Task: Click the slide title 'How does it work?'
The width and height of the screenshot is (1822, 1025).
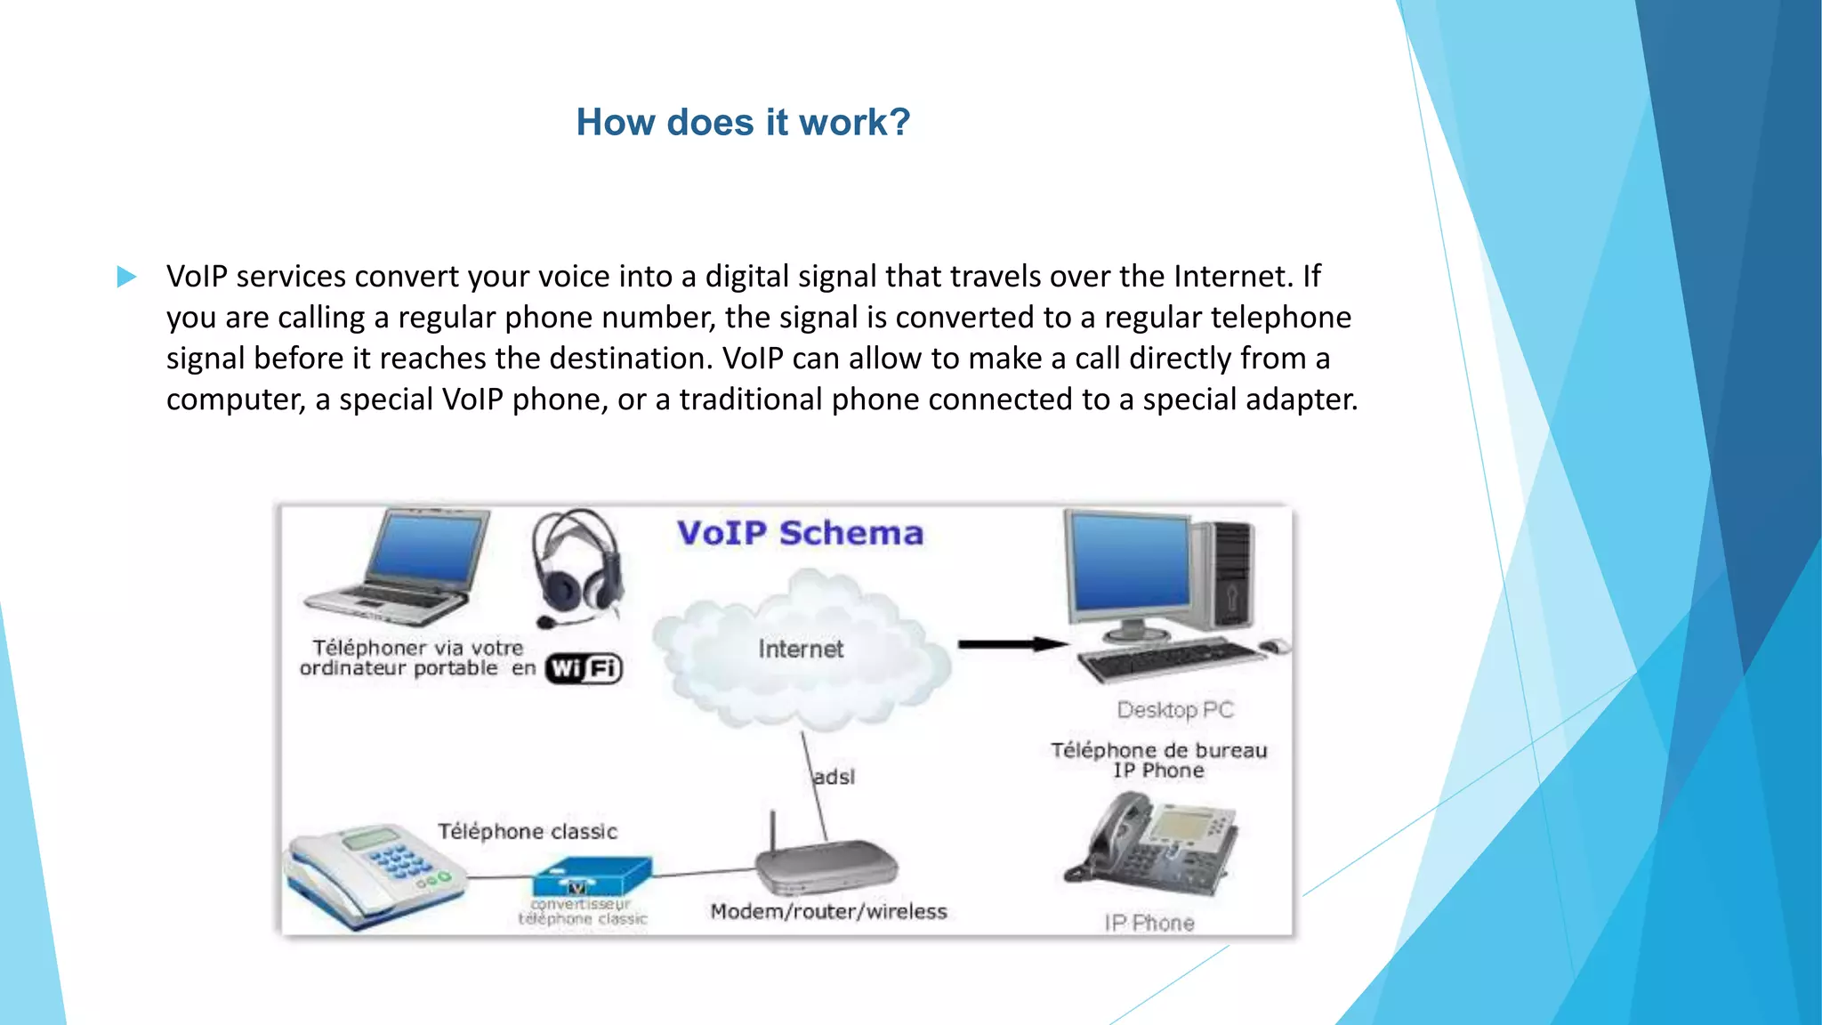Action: point(743,122)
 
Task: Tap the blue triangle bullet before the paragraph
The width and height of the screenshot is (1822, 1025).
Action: point(126,277)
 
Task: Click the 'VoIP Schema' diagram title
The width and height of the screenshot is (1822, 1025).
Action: point(800,533)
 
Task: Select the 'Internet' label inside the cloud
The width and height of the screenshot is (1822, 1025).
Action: point(801,649)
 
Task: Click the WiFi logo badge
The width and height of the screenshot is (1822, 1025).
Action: point(584,668)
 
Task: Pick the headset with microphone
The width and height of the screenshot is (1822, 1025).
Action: point(577,567)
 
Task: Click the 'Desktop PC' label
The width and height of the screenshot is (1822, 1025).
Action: point(1175,710)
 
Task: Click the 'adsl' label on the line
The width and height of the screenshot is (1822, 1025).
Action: point(834,777)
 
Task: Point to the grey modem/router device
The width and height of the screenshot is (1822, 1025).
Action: point(826,866)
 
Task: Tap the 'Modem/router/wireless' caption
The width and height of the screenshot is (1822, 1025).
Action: point(828,911)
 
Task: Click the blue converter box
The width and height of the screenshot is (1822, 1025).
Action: point(592,876)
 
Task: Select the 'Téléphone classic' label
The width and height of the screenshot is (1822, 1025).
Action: point(528,831)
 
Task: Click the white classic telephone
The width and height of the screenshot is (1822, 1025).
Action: point(374,876)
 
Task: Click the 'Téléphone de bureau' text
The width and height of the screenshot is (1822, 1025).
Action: point(1159,750)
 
